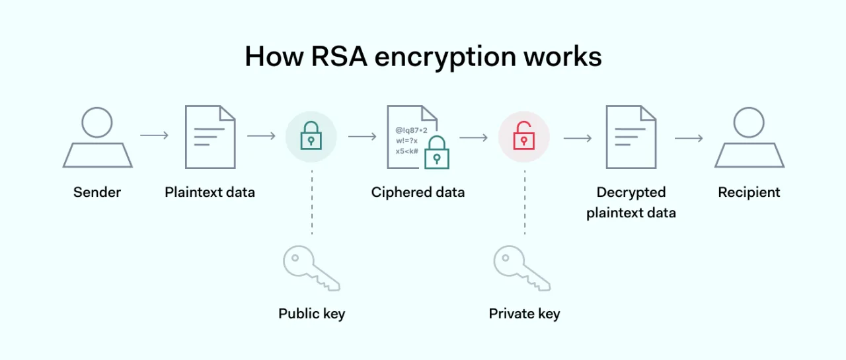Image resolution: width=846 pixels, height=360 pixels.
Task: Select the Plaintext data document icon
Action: (x=210, y=137)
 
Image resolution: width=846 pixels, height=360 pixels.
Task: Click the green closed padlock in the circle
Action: (x=311, y=137)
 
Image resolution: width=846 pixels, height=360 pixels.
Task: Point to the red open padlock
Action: (x=523, y=136)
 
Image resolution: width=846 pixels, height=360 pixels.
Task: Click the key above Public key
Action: (x=311, y=268)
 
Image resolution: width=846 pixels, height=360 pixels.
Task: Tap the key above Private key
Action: (x=521, y=268)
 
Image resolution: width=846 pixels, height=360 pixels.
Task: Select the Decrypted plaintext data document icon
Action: (x=631, y=137)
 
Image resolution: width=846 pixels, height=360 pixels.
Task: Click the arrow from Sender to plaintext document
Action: (x=154, y=135)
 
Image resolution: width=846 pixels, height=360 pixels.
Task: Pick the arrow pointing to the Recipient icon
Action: (x=688, y=138)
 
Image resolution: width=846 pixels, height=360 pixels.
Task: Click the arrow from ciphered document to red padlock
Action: (x=473, y=137)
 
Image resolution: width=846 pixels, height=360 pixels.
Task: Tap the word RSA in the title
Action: (x=343, y=57)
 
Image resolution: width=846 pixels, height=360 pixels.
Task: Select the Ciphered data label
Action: (x=418, y=192)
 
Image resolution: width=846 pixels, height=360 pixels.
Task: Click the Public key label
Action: (x=311, y=313)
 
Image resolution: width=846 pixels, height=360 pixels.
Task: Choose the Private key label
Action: (x=524, y=313)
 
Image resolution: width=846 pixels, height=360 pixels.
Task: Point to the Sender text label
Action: (x=97, y=192)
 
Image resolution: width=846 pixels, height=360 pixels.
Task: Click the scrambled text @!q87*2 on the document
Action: (x=411, y=131)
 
